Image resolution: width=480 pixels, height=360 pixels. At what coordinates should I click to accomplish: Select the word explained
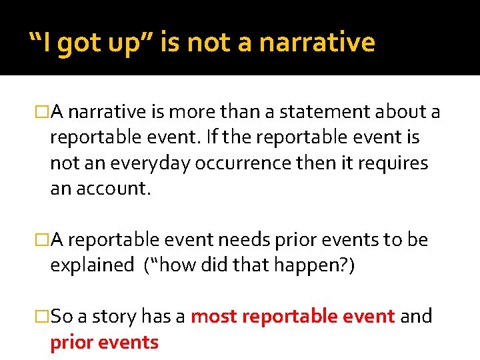92,265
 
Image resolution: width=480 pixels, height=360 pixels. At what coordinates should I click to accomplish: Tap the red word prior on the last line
71,342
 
